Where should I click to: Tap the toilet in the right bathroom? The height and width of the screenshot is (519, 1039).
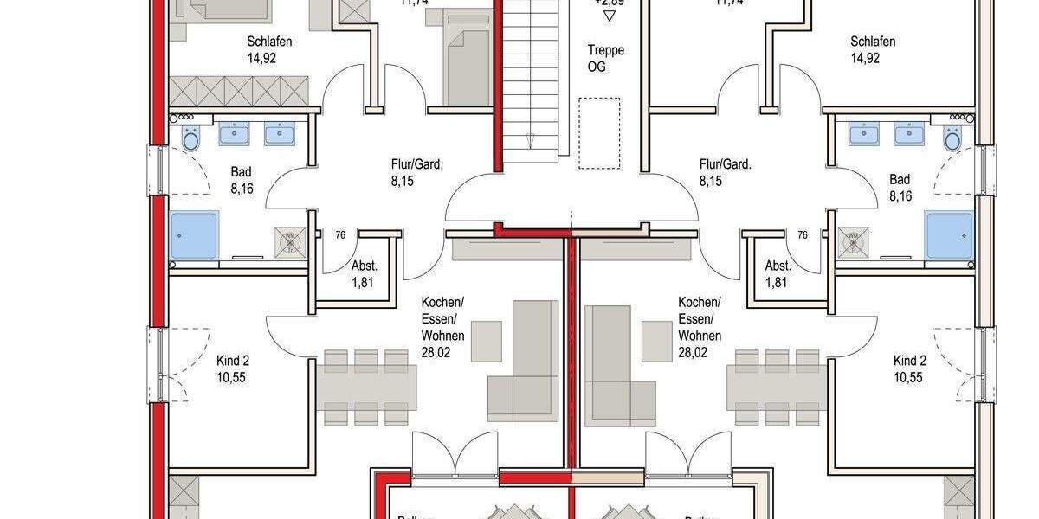point(952,138)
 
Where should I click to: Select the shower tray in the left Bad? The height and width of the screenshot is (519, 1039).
point(195,235)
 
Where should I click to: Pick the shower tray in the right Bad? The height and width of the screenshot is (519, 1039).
point(949,235)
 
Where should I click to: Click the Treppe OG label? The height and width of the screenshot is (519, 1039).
point(605,58)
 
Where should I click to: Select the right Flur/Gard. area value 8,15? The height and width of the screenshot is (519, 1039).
point(711,182)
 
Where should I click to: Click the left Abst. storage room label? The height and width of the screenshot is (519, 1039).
point(365,266)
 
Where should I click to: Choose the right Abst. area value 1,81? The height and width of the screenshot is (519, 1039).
point(778,282)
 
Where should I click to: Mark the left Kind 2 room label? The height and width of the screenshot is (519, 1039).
point(233,360)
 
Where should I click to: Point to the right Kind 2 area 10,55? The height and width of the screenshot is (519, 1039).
point(909,376)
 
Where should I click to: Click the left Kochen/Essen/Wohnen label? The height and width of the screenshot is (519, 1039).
point(442,318)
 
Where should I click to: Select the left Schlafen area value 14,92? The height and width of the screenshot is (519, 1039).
point(268,59)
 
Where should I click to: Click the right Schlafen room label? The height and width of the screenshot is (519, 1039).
point(873,42)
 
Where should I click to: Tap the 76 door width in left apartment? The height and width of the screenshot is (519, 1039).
point(340,234)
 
